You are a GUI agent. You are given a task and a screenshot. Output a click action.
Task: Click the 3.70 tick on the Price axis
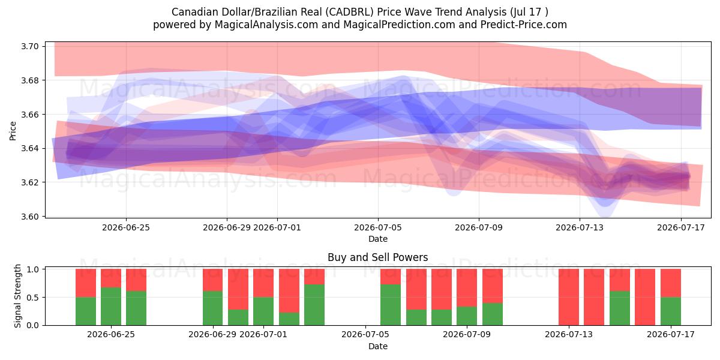[30, 46]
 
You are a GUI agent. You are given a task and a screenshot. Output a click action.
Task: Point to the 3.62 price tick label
[30, 182]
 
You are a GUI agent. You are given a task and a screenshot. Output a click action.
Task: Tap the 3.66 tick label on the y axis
[30, 115]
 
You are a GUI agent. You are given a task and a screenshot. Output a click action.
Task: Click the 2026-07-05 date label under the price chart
[378, 227]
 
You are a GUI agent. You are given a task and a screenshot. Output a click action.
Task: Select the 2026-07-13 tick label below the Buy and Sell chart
[569, 334]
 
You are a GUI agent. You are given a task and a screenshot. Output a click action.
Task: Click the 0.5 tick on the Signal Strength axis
[33, 298]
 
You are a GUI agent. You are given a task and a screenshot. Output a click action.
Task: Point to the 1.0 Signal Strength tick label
[33, 269]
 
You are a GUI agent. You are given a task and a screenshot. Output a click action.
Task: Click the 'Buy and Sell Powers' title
[377, 257]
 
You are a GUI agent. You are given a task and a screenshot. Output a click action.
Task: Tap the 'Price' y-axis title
[13, 131]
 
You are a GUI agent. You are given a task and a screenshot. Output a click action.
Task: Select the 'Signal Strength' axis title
[17, 296]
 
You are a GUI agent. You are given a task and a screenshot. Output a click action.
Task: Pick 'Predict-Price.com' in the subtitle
[524, 25]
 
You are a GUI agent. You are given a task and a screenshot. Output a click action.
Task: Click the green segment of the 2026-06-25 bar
[111, 306]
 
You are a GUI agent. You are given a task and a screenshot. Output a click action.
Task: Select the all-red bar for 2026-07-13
[569, 297]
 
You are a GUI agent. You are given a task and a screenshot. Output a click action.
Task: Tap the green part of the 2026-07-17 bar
[671, 311]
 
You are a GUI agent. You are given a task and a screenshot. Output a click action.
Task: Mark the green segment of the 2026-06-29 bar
[212, 308]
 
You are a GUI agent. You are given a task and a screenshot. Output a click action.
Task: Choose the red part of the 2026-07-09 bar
[467, 287]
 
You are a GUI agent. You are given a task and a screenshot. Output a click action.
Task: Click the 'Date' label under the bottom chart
[377, 346]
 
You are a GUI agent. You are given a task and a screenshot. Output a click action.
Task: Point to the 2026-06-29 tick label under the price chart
[227, 227]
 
